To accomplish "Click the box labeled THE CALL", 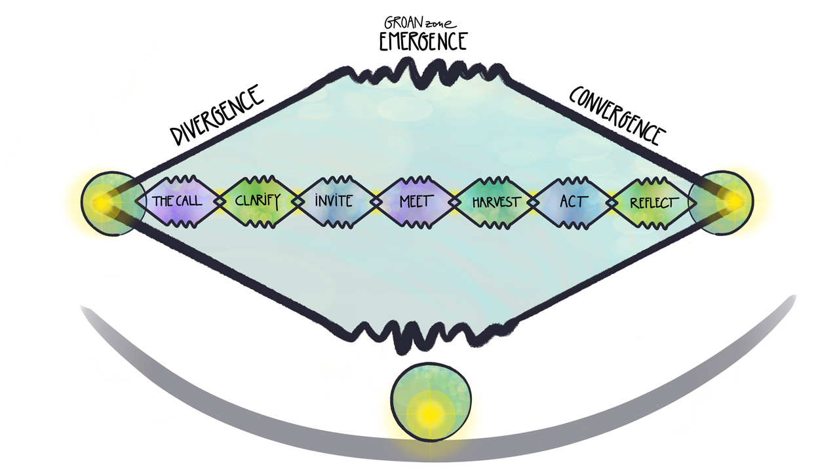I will pyautogui.click(x=178, y=201).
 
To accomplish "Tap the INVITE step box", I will pyautogui.click(x=334, y=201).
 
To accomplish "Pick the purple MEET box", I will pyautogui.click(x=414, y=201).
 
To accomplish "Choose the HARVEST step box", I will pyautogui.click(x=494, y=201).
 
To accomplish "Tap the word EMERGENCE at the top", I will pyautogui.click(x=424, y=42).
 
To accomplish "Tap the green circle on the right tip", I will pyautogui.click(x=726, y=202).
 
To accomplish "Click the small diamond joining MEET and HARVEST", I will pyautogui.click(x=454, y=202).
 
